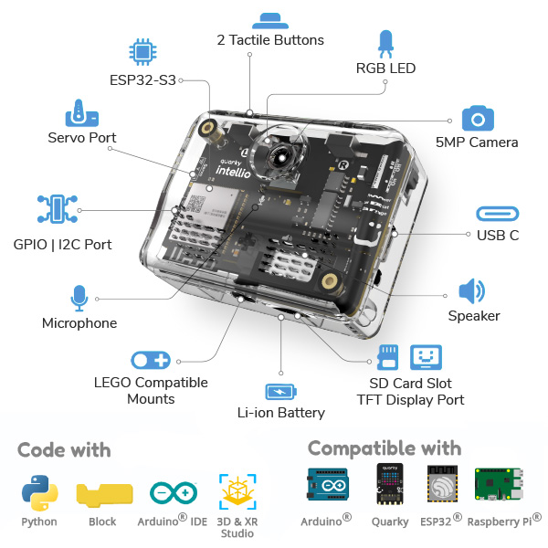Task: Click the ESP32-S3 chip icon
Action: coord(141,51)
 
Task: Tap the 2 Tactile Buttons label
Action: coord(270,40)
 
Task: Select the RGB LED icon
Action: coord(385,44)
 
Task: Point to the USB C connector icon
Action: coord(498,214)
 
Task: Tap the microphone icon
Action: coord(79,298)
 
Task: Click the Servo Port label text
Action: coord(82,138)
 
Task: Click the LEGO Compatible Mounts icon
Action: coord(151,360)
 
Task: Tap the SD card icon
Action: coord(387,356)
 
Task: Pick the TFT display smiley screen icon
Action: coord(427,356)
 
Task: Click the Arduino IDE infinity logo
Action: coord(173,493)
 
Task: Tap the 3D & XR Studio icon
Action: coord(237,491)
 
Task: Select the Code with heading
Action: coord(64,449)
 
